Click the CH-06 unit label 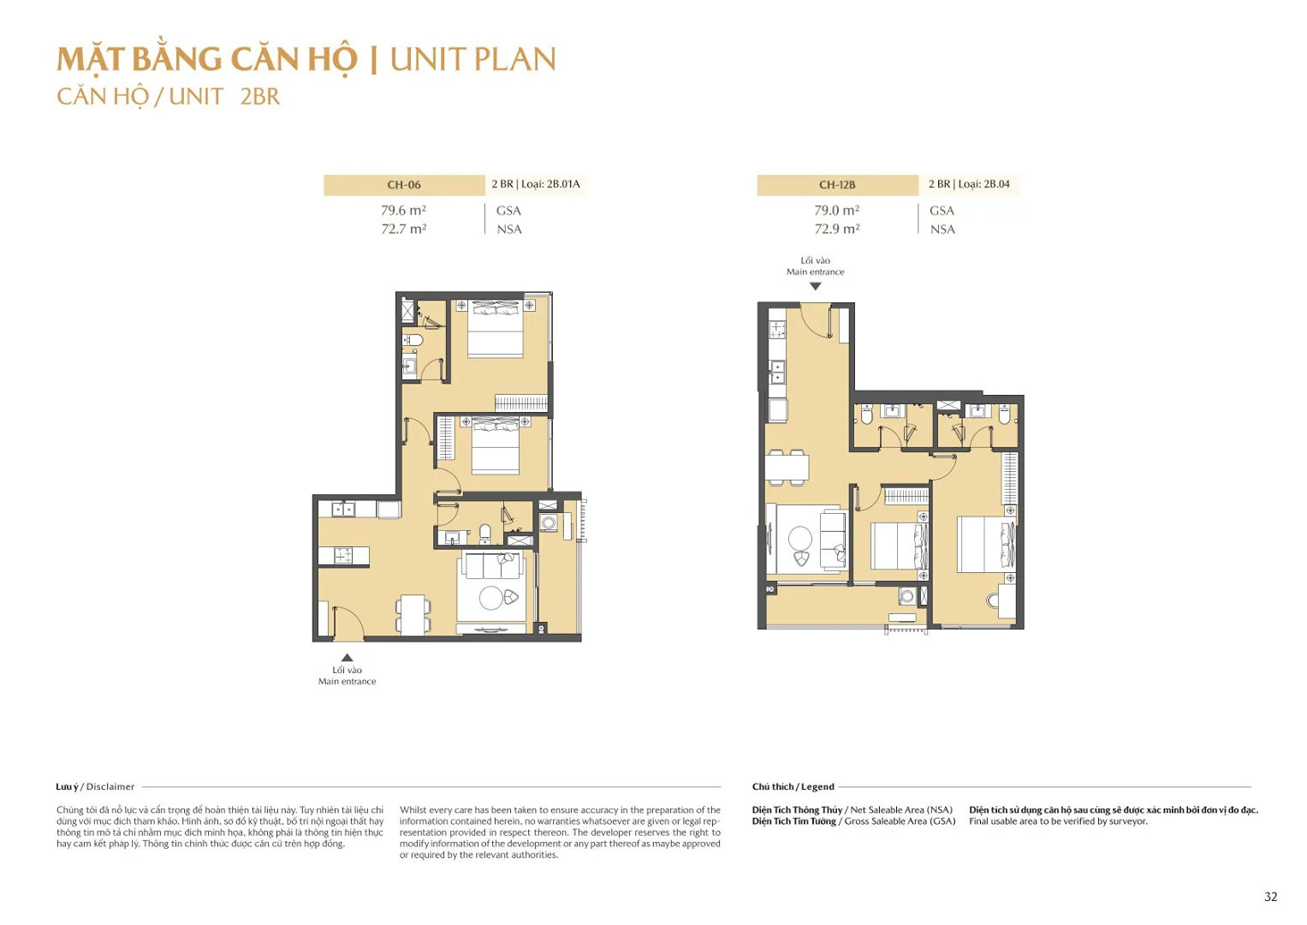point(404,185)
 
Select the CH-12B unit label point(836,185)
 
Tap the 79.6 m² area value point(403,211)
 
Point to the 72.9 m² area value point(836,230)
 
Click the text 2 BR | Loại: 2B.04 point(969,184)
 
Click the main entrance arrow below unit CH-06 point(347,658)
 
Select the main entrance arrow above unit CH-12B point(815,287)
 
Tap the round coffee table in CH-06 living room point(491,598)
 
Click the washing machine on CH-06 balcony point(549,522)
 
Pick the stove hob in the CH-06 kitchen point(343,556)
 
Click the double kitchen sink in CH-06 point(343,510)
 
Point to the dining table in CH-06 point(413,614)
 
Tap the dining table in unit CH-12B point(787,468)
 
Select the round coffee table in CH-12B point(799,538)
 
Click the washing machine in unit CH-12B point(906,595)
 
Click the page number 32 point(1270,897)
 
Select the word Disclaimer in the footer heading point(110,787)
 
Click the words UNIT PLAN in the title point(472,60)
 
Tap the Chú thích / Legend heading point(793,787)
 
